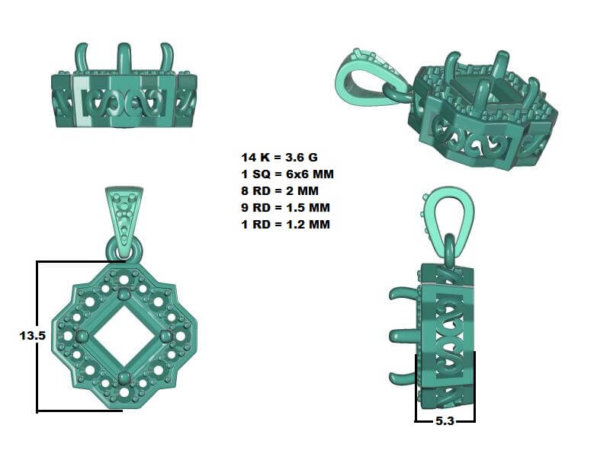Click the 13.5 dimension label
33,335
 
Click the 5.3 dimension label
445,421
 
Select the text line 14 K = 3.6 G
279,158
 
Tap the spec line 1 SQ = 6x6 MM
287,174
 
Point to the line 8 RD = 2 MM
280,191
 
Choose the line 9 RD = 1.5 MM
285,207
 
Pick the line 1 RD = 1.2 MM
285,224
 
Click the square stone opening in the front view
124,336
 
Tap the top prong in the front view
124,292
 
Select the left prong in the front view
82,336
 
